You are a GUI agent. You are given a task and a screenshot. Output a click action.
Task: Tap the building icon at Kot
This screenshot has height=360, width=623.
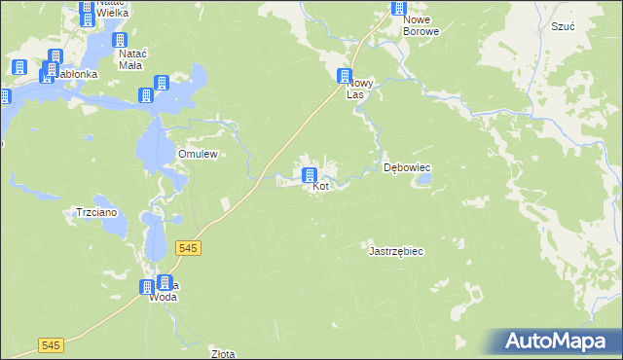coord(310,176)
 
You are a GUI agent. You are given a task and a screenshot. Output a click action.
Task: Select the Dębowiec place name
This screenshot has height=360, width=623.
coord(407,167)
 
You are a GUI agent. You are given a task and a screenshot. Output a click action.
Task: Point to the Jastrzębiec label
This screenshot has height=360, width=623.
coord(395,251)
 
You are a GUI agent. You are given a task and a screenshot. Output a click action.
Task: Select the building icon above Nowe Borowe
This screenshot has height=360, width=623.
coord(399,8)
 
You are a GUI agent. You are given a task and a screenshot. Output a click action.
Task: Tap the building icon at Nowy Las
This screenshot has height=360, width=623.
coord(344,76)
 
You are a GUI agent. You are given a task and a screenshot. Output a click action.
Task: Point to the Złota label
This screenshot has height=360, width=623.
coord(223,354)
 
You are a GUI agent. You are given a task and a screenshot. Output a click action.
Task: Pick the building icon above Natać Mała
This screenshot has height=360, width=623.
coord(121,41)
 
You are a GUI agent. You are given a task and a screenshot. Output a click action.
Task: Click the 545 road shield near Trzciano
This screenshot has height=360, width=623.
coord(189,249)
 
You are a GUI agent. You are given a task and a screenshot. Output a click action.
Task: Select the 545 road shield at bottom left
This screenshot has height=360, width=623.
coord(52,345)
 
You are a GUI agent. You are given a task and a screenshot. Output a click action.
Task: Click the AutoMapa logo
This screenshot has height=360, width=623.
coord(558,341)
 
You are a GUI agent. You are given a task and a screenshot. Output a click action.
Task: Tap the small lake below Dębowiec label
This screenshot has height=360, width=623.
coord(423,181)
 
